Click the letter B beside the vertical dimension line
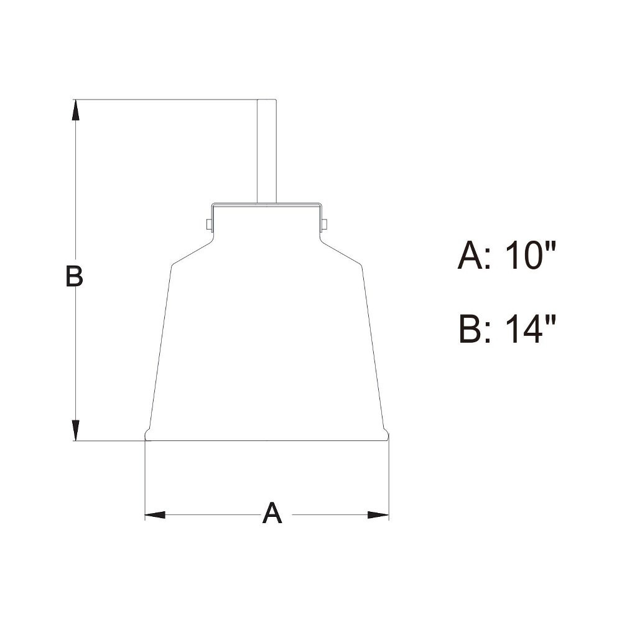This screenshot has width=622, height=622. (x=74, y=276)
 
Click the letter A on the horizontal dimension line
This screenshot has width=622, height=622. (x=272, y=513)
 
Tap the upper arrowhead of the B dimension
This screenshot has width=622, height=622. (x=75, y=110)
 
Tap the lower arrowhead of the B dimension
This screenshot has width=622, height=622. (x=75, y=430)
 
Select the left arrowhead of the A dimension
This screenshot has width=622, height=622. (x=155, y=515)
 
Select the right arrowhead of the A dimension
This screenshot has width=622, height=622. (x=378, y=515)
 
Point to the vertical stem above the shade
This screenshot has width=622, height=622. (x=267, y=151)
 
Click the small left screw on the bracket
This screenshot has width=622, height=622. (x=209, y=225)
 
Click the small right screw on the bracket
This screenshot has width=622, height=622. (x=325, y=225)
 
